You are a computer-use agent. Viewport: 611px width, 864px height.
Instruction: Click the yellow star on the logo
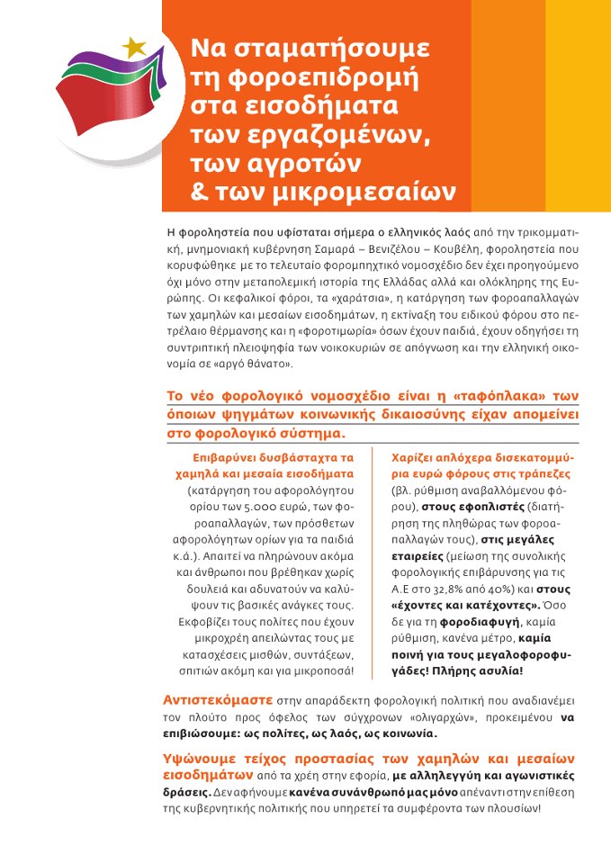(134, 47)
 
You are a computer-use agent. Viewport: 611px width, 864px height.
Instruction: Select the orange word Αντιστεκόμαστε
(212, 699)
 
